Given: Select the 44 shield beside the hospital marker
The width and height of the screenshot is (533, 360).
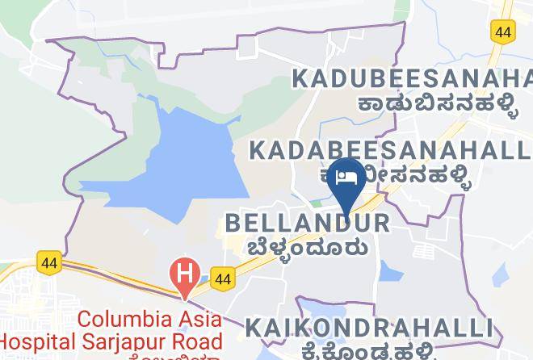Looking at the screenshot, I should (x=225, y=277).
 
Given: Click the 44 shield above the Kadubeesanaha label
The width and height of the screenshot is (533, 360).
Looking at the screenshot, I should (x=502, y=31).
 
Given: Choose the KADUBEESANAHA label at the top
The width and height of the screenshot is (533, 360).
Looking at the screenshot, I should (x=412, y=79).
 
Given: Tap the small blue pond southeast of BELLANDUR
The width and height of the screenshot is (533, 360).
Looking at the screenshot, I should (x=391, y=273).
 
